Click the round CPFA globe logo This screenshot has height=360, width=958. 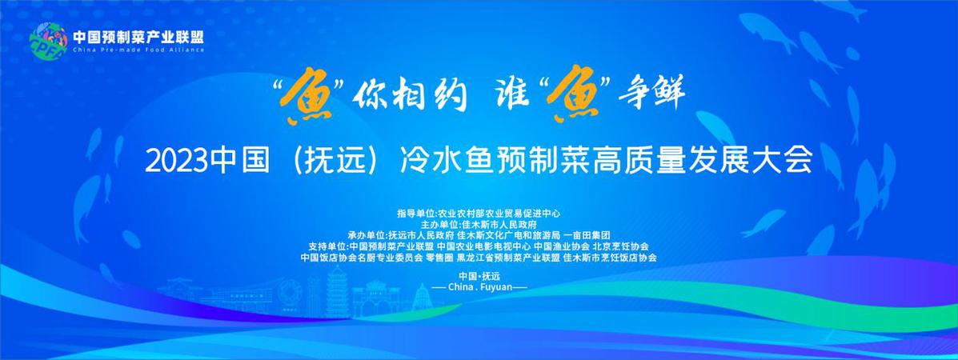48,40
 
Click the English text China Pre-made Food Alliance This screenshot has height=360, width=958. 138,50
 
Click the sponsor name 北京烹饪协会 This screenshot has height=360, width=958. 621,246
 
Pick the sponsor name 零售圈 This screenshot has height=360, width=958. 440,258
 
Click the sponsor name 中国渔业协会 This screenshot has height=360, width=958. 562,246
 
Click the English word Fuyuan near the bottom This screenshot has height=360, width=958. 495,286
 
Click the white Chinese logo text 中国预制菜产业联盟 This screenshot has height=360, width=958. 138,36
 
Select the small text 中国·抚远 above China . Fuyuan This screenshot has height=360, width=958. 479,276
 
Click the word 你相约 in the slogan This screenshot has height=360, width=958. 412,98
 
